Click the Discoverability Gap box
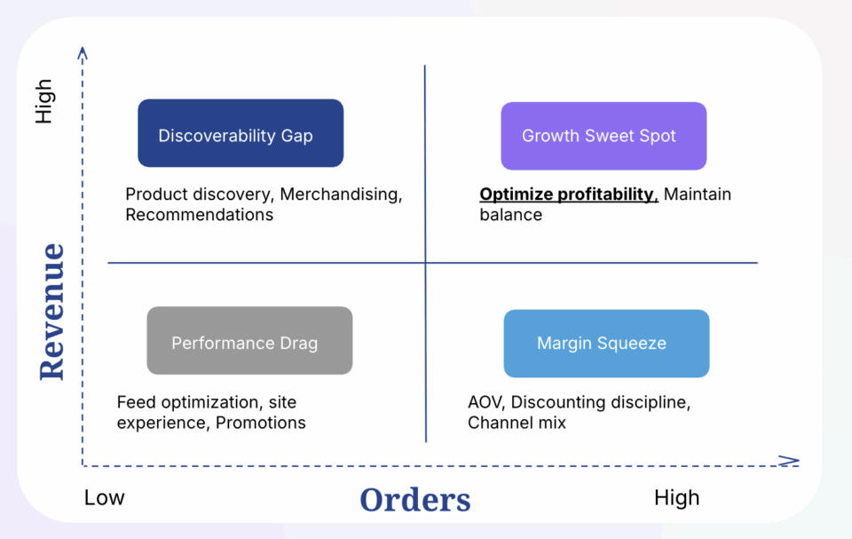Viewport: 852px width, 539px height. (241, 133)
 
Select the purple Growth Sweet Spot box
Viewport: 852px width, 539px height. (603, 136)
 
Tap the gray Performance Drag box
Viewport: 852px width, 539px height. (249, 340)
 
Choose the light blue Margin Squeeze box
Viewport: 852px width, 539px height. (606, 344)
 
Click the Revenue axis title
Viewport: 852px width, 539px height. (52, 312)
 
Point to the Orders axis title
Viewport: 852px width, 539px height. (415, 500)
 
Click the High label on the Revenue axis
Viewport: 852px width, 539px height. (43, 101)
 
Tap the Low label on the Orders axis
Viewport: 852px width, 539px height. (105, 497)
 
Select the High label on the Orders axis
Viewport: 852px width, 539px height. (676, 497)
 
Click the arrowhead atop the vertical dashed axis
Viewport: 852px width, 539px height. (83, 52)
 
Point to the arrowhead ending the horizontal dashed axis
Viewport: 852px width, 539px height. (790, 461)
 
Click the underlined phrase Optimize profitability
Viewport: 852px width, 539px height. (569, 194)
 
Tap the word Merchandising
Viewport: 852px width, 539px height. (341, 194)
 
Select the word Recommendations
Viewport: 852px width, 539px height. (200, 215)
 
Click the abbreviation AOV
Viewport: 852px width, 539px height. (486, 402)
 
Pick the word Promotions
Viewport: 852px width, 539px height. (261, 423)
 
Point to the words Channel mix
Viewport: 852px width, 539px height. (517, 423)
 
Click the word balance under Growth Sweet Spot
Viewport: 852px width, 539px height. (511, 215)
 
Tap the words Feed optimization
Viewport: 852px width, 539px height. (188, 402)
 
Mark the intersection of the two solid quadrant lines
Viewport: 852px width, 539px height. (425, 263)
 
